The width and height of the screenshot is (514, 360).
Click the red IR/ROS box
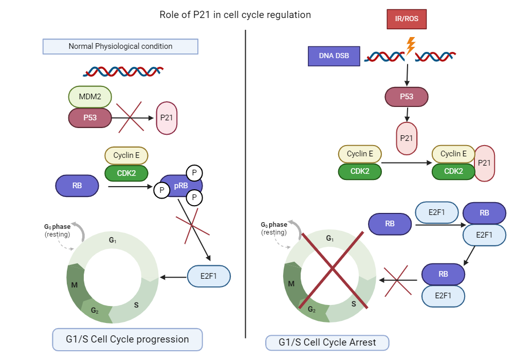tap(407, 19)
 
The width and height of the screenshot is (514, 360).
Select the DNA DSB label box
tap(334, 56)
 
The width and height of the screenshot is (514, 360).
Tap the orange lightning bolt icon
tap(410, 46)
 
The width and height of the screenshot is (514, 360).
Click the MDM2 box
tap(90, 96)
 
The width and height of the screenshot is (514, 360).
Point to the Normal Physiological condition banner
tap(120, 46)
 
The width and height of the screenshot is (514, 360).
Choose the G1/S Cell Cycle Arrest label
tap(327, 343)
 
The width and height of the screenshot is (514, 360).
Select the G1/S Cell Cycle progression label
tap(127, 339)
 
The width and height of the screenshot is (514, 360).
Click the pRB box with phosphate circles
tap(181, 186)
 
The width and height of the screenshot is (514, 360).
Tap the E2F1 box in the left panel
tap(209, 277)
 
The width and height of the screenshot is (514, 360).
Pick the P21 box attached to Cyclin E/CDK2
tap(484, 163)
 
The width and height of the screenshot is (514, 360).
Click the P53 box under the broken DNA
tap(407, 96)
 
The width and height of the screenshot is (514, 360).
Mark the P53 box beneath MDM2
tap(90, 117)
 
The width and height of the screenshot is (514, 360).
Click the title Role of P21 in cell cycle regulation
tap(235, 15)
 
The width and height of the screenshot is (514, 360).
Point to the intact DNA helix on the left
tap(124, 71)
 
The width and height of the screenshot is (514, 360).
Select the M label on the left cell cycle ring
tap(75, 285)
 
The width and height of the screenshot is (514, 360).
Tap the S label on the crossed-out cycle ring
tap(354, 303)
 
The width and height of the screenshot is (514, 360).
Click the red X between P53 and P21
tap(133, 117)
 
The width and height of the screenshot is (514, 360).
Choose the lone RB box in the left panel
tap(77, 186)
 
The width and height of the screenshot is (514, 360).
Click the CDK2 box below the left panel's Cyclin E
tap(126, 173)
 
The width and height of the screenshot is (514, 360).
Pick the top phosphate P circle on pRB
tap(194, 172)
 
